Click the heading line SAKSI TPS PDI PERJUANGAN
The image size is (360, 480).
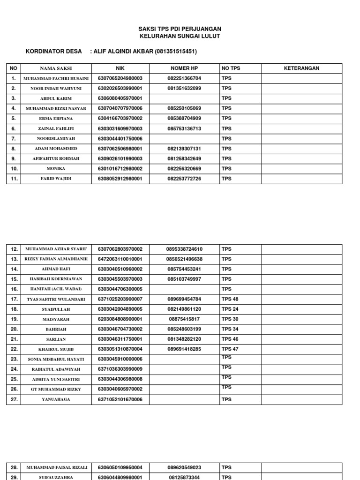pos(180,29)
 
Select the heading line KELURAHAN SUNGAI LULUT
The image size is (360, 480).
pos(180,36)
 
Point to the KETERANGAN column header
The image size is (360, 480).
pos(301,68)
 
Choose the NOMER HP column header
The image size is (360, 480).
pos(184,68)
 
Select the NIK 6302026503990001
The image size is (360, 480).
pos(120,88)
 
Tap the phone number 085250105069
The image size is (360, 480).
pos(184,108)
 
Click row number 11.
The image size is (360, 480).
pos(14,179)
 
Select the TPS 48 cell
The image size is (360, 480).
pos(230,299)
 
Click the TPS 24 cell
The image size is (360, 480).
pos(230,309)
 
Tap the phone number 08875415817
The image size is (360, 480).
pos(184,319)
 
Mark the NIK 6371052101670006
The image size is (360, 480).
pos(120,399)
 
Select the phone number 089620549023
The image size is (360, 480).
pos(184,467)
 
